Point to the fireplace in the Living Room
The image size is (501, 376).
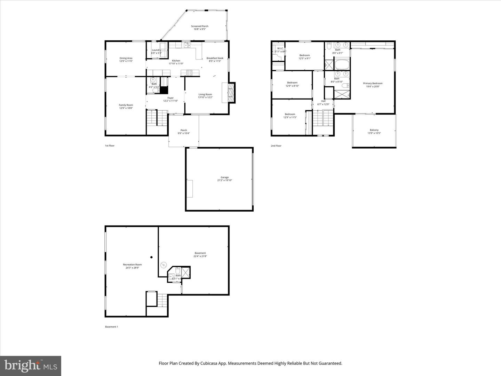click(230, 92)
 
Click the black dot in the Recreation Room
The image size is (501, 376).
click(151, 257)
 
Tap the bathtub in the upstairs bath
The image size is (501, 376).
click(342, 64)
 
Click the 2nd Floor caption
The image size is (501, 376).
click(276, 146)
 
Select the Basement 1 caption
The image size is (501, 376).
click(111, 327)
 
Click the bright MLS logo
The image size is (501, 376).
click(31, 366)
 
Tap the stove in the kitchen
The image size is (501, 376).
click(190, 72)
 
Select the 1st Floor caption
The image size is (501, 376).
click(110, 146)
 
